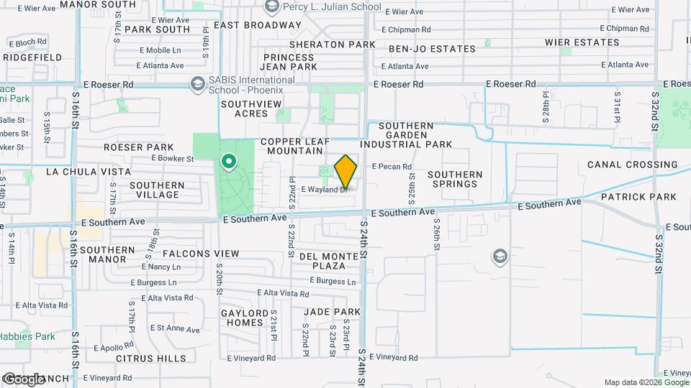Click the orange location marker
pos(346,171)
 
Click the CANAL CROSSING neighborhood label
pos(632,165)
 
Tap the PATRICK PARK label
pos(638,197)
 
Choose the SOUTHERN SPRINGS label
pos(455,179)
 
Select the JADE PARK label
pos(332,312)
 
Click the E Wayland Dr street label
pos(325,190)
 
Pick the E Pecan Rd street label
pos(392,167)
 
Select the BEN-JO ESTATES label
pos(432,49)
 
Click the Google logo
pos(24,379)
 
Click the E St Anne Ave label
pos(176,328)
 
